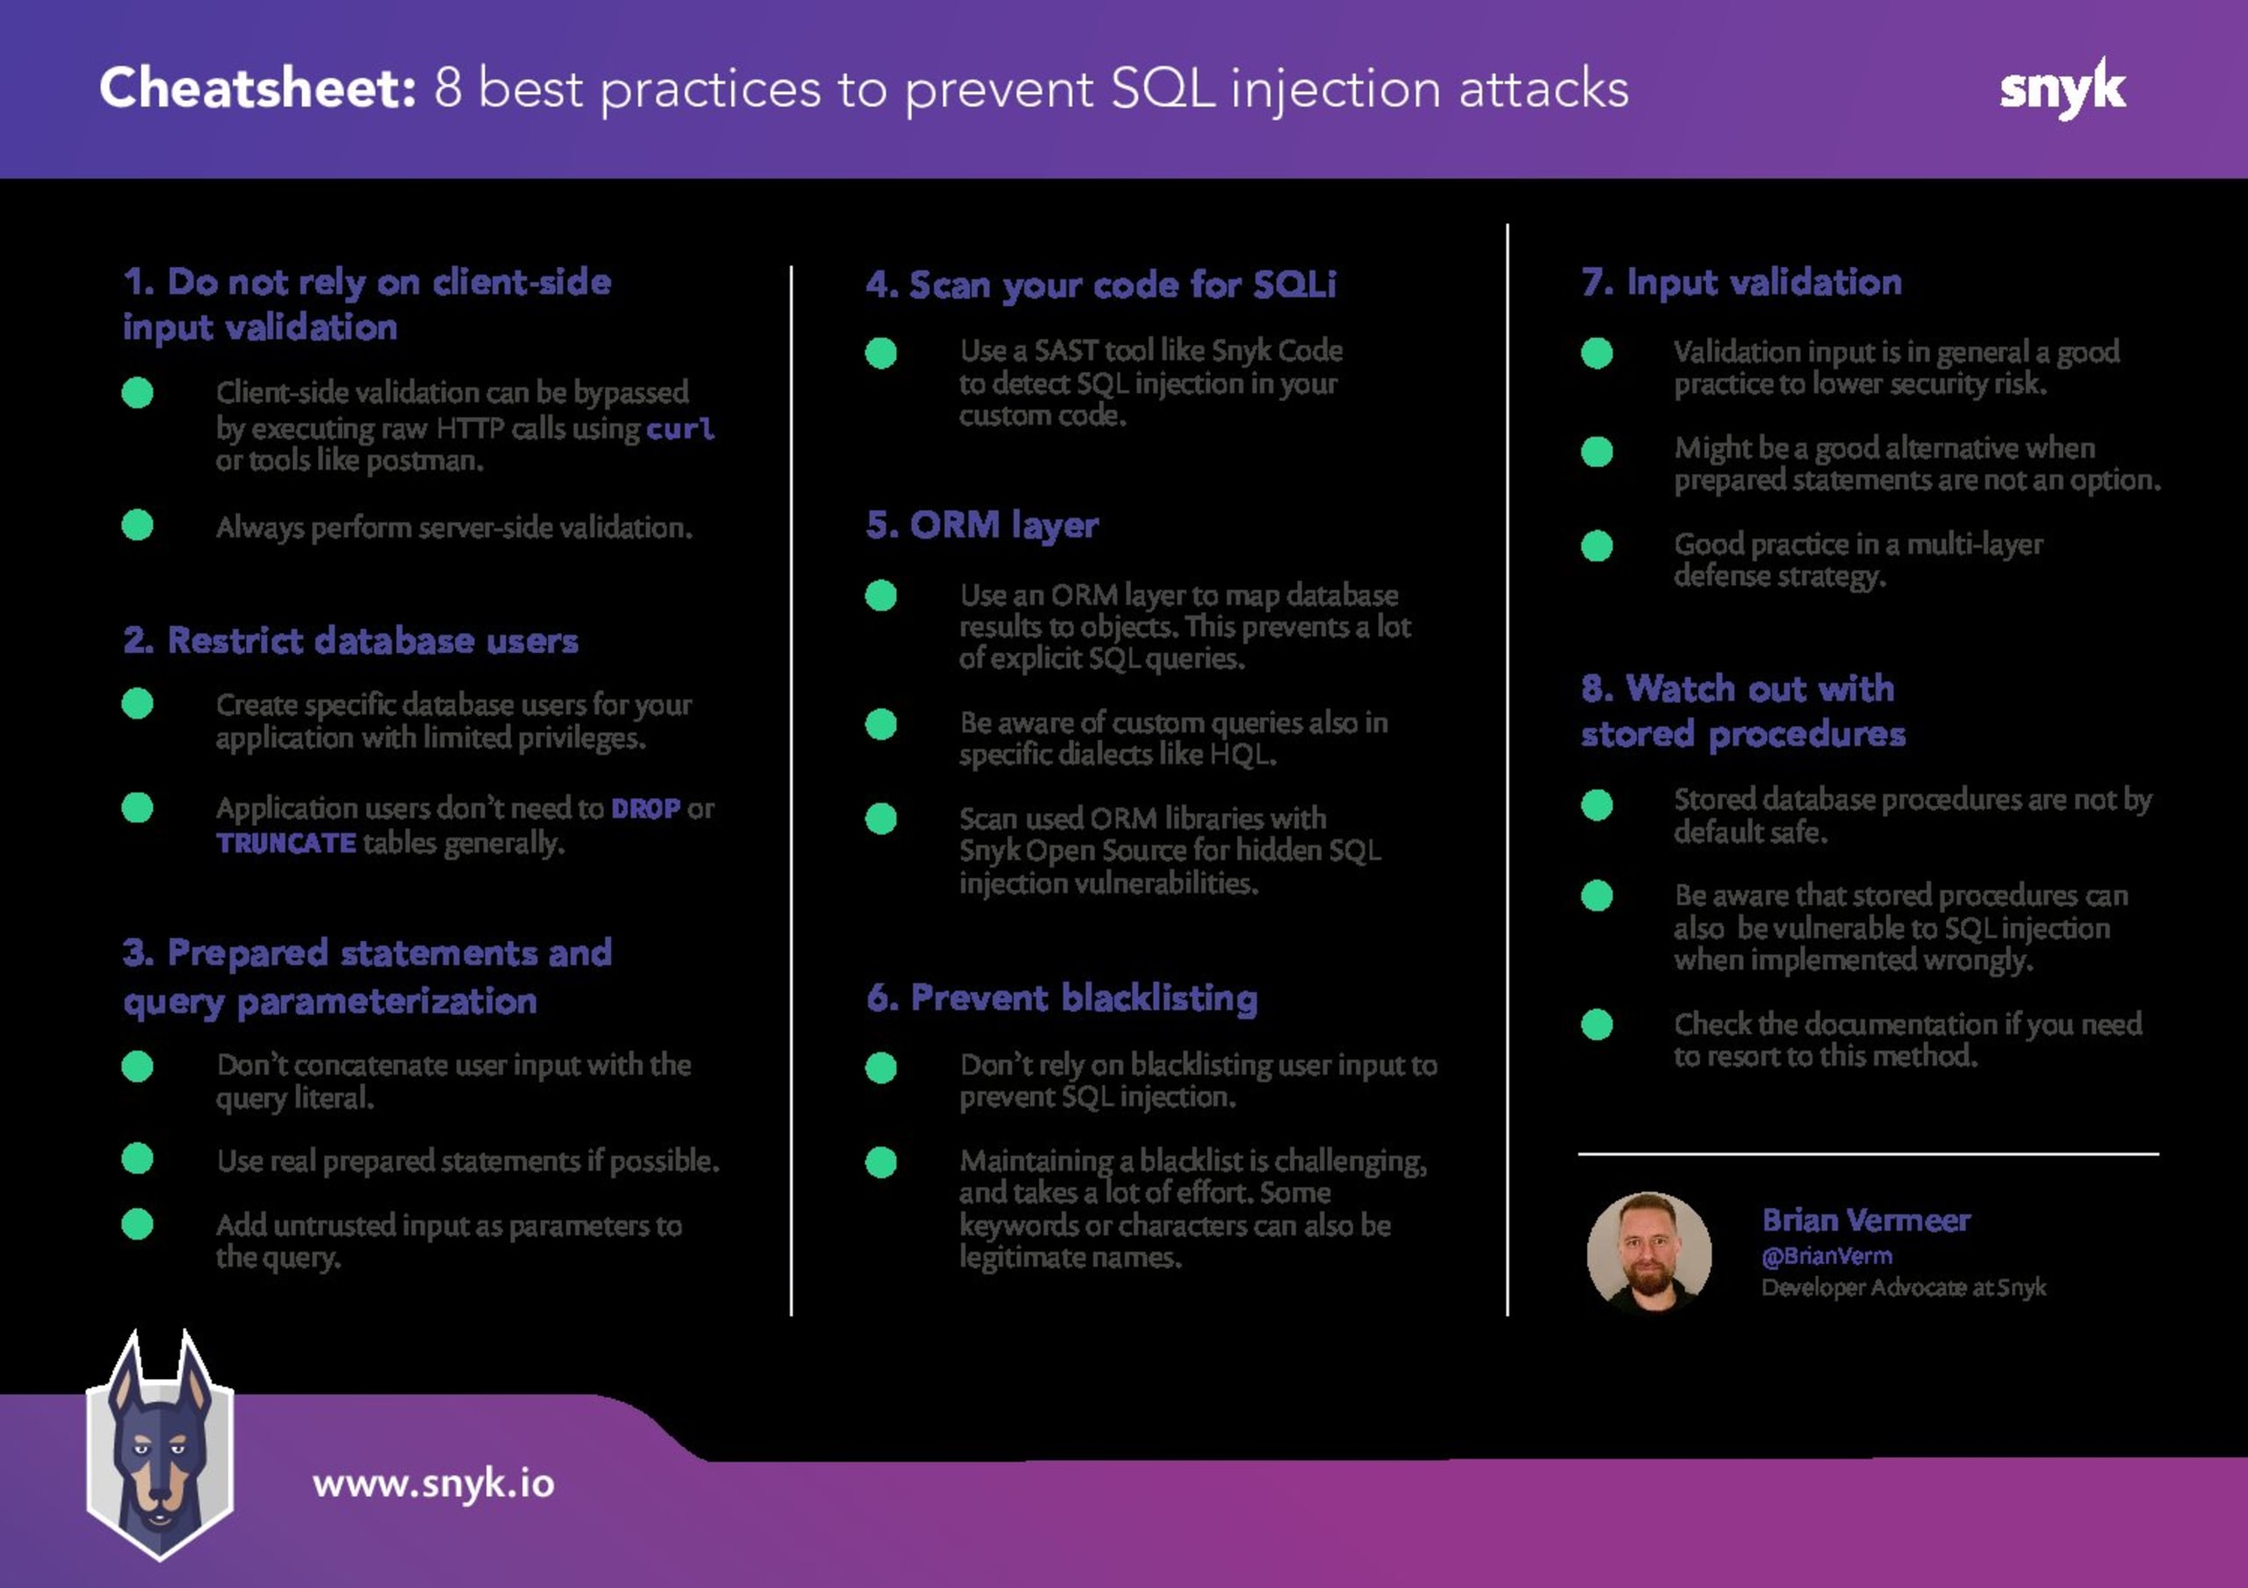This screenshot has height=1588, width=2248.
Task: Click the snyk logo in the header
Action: tap(2062, 88)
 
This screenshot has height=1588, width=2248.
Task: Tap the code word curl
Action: tap(680, 428)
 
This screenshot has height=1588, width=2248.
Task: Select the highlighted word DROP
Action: tap(645, 808)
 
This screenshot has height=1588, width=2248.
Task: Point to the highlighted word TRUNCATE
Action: tap(286, 843)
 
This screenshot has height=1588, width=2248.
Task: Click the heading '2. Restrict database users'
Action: tap(350, 640)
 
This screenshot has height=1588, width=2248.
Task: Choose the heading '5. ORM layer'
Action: tap(982, 526)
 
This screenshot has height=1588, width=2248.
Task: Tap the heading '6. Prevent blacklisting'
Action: tap(1063, 997)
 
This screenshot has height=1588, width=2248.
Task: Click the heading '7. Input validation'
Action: tap(1742, 282)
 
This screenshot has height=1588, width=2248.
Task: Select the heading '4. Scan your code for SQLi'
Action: tap(1100, 285)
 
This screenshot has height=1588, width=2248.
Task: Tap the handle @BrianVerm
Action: tap(1827, 1256)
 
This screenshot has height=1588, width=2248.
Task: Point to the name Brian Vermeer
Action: tap(1866, 1220)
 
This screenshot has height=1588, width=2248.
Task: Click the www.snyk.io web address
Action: tap(434, 1484)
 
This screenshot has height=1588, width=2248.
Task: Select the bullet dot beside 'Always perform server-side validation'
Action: tap(137, 526)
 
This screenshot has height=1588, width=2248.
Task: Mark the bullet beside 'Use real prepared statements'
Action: tap(137, 1158)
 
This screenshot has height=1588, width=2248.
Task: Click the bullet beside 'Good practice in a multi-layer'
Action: tap(1597, 545)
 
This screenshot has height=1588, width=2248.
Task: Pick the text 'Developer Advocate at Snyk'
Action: tap(1904, 1288)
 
